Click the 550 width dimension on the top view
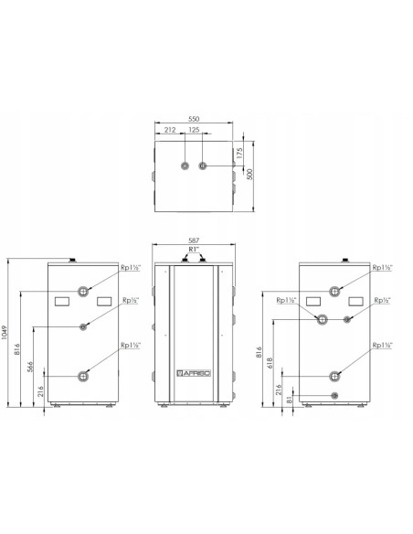point(194,119)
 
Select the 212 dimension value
point(170,130)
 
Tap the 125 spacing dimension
point(194,130)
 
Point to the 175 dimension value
point(239,154)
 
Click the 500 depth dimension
point(250,175)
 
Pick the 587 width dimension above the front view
point(194,240)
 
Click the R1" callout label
point(194,249)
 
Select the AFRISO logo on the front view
point(194,373)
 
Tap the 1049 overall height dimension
point(4,333)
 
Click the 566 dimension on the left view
point(30,367)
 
